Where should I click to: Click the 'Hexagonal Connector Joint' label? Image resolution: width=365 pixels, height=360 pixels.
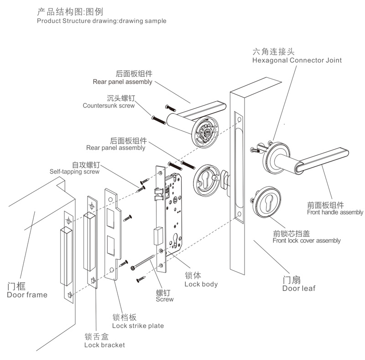tap(297, 60)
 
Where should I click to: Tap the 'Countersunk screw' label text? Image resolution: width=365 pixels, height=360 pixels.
tap(109, 106)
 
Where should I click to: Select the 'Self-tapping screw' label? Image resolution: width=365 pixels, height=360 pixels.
tap(74, 172)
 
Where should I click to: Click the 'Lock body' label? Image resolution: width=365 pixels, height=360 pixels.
tap(201, 284)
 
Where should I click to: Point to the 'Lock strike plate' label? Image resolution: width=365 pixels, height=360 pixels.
tap(137, 326)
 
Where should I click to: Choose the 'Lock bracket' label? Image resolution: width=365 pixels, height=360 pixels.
tap(104, 345)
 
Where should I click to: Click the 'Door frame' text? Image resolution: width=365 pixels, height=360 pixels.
tap(27, 295)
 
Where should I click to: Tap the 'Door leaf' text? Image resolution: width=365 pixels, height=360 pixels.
tap(298, 288)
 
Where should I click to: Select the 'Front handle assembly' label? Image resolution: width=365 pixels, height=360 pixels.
tap(335, 212)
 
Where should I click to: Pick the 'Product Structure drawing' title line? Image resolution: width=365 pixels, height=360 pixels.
tap(101, 21)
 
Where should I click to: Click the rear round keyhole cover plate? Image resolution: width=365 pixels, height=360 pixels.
tap(208, 179)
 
